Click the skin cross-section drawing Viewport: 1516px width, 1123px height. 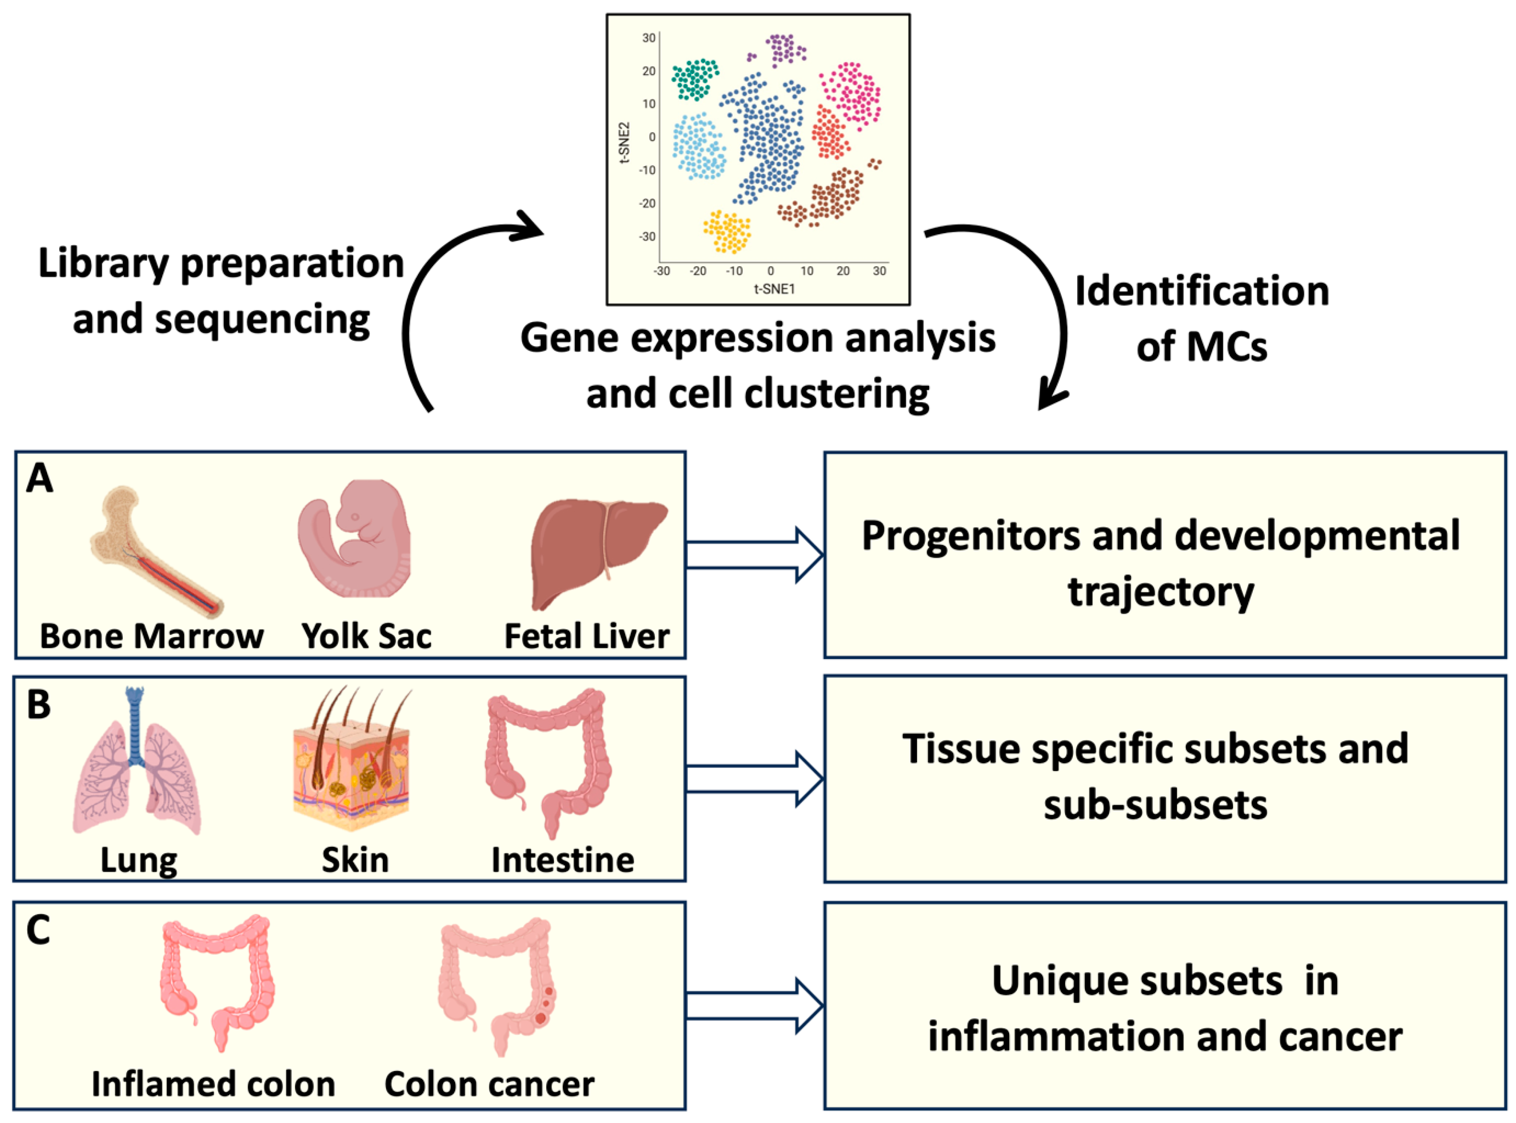pyautogui.click(x=352, y=760)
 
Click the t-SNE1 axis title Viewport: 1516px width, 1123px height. pyautogui.click(x=774, y=289)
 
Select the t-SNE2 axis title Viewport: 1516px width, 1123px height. pyautogui.click(x=624, y=143)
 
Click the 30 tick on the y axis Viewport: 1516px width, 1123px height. pyautogui.click(x=649, y=38)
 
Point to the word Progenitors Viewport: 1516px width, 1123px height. pyautogui.click(x=971, y=537)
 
